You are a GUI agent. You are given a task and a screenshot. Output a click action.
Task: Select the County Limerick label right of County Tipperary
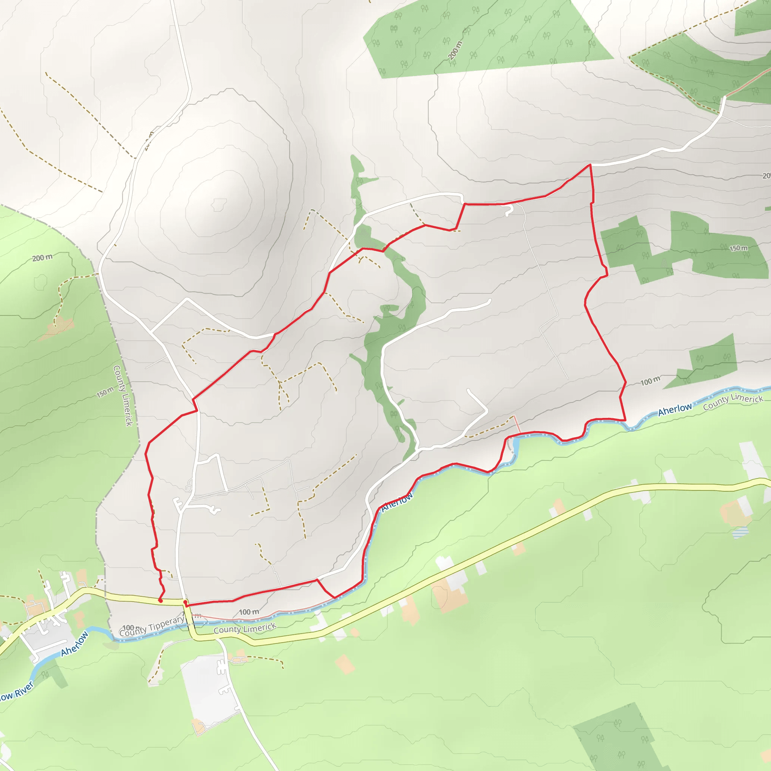244,629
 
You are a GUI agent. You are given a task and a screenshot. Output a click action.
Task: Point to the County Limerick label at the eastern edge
733,401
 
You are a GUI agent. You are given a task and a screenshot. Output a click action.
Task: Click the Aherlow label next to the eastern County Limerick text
674,409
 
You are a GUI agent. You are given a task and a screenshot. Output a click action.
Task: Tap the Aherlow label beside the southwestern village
74,644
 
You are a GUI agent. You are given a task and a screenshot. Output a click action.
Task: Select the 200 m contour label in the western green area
42,258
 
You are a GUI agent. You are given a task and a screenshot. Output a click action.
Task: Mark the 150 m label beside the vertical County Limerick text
105,393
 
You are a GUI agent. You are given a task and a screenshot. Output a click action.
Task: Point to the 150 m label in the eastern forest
738,248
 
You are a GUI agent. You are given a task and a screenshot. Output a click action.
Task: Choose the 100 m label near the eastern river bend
650,381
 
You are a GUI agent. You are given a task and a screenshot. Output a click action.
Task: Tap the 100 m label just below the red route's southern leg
249,612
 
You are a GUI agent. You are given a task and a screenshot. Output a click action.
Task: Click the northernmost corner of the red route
590,165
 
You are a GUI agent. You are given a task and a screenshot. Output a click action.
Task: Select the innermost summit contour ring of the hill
219,205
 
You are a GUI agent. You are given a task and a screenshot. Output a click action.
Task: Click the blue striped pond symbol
740,533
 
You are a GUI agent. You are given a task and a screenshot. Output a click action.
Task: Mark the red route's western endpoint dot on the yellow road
160,600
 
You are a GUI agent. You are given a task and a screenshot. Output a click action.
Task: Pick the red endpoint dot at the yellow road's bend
185,602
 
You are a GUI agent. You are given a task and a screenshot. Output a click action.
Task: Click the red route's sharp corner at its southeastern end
625,420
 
